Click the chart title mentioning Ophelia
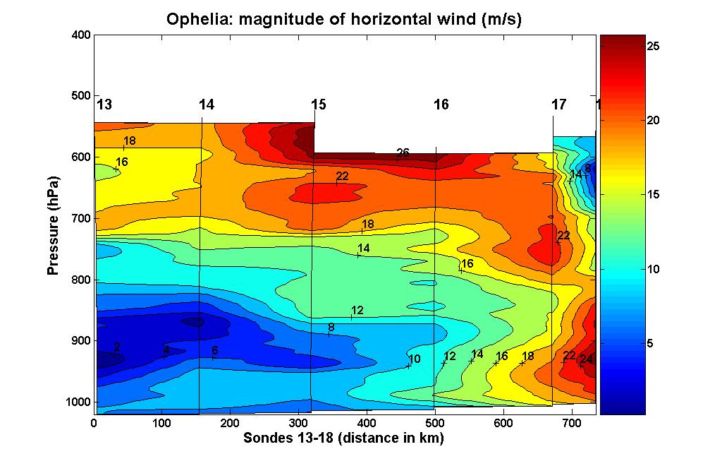[343, 19]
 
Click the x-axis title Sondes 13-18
[343, 438]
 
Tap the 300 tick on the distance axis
[298, 423]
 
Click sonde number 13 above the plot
[104, 105]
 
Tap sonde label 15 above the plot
[319, 105]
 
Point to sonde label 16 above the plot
[441, 105]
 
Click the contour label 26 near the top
[403, 153]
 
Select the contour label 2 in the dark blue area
[116, 347]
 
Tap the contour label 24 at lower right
[586, 359]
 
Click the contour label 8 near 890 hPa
[331, 328]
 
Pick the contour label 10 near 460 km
[414, 359]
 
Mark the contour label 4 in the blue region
[166, 349]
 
